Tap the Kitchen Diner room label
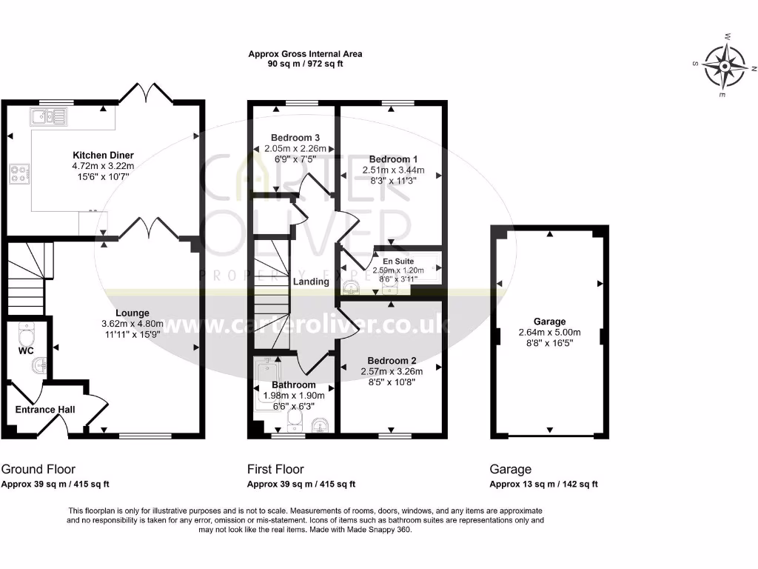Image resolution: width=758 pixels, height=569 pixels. [103, 155]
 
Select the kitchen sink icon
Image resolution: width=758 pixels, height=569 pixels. [48, 116]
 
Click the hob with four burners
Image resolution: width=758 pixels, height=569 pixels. [19, 174]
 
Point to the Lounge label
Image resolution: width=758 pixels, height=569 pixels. [133, 313]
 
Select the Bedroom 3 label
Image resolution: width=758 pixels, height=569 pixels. [295, 138]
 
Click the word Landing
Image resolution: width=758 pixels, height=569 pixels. [311, 282]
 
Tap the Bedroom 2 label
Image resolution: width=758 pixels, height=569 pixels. [392, 361]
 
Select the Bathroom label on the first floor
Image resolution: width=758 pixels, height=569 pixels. [294, 385]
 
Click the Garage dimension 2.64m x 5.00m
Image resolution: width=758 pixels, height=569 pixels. [549, 333]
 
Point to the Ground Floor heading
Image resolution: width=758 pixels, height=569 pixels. [38, 469]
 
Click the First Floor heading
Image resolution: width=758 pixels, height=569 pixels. [275, 469]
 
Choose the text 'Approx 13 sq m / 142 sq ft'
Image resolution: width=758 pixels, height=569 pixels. [543, 485]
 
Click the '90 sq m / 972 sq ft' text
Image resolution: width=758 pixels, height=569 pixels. [305, 64]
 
